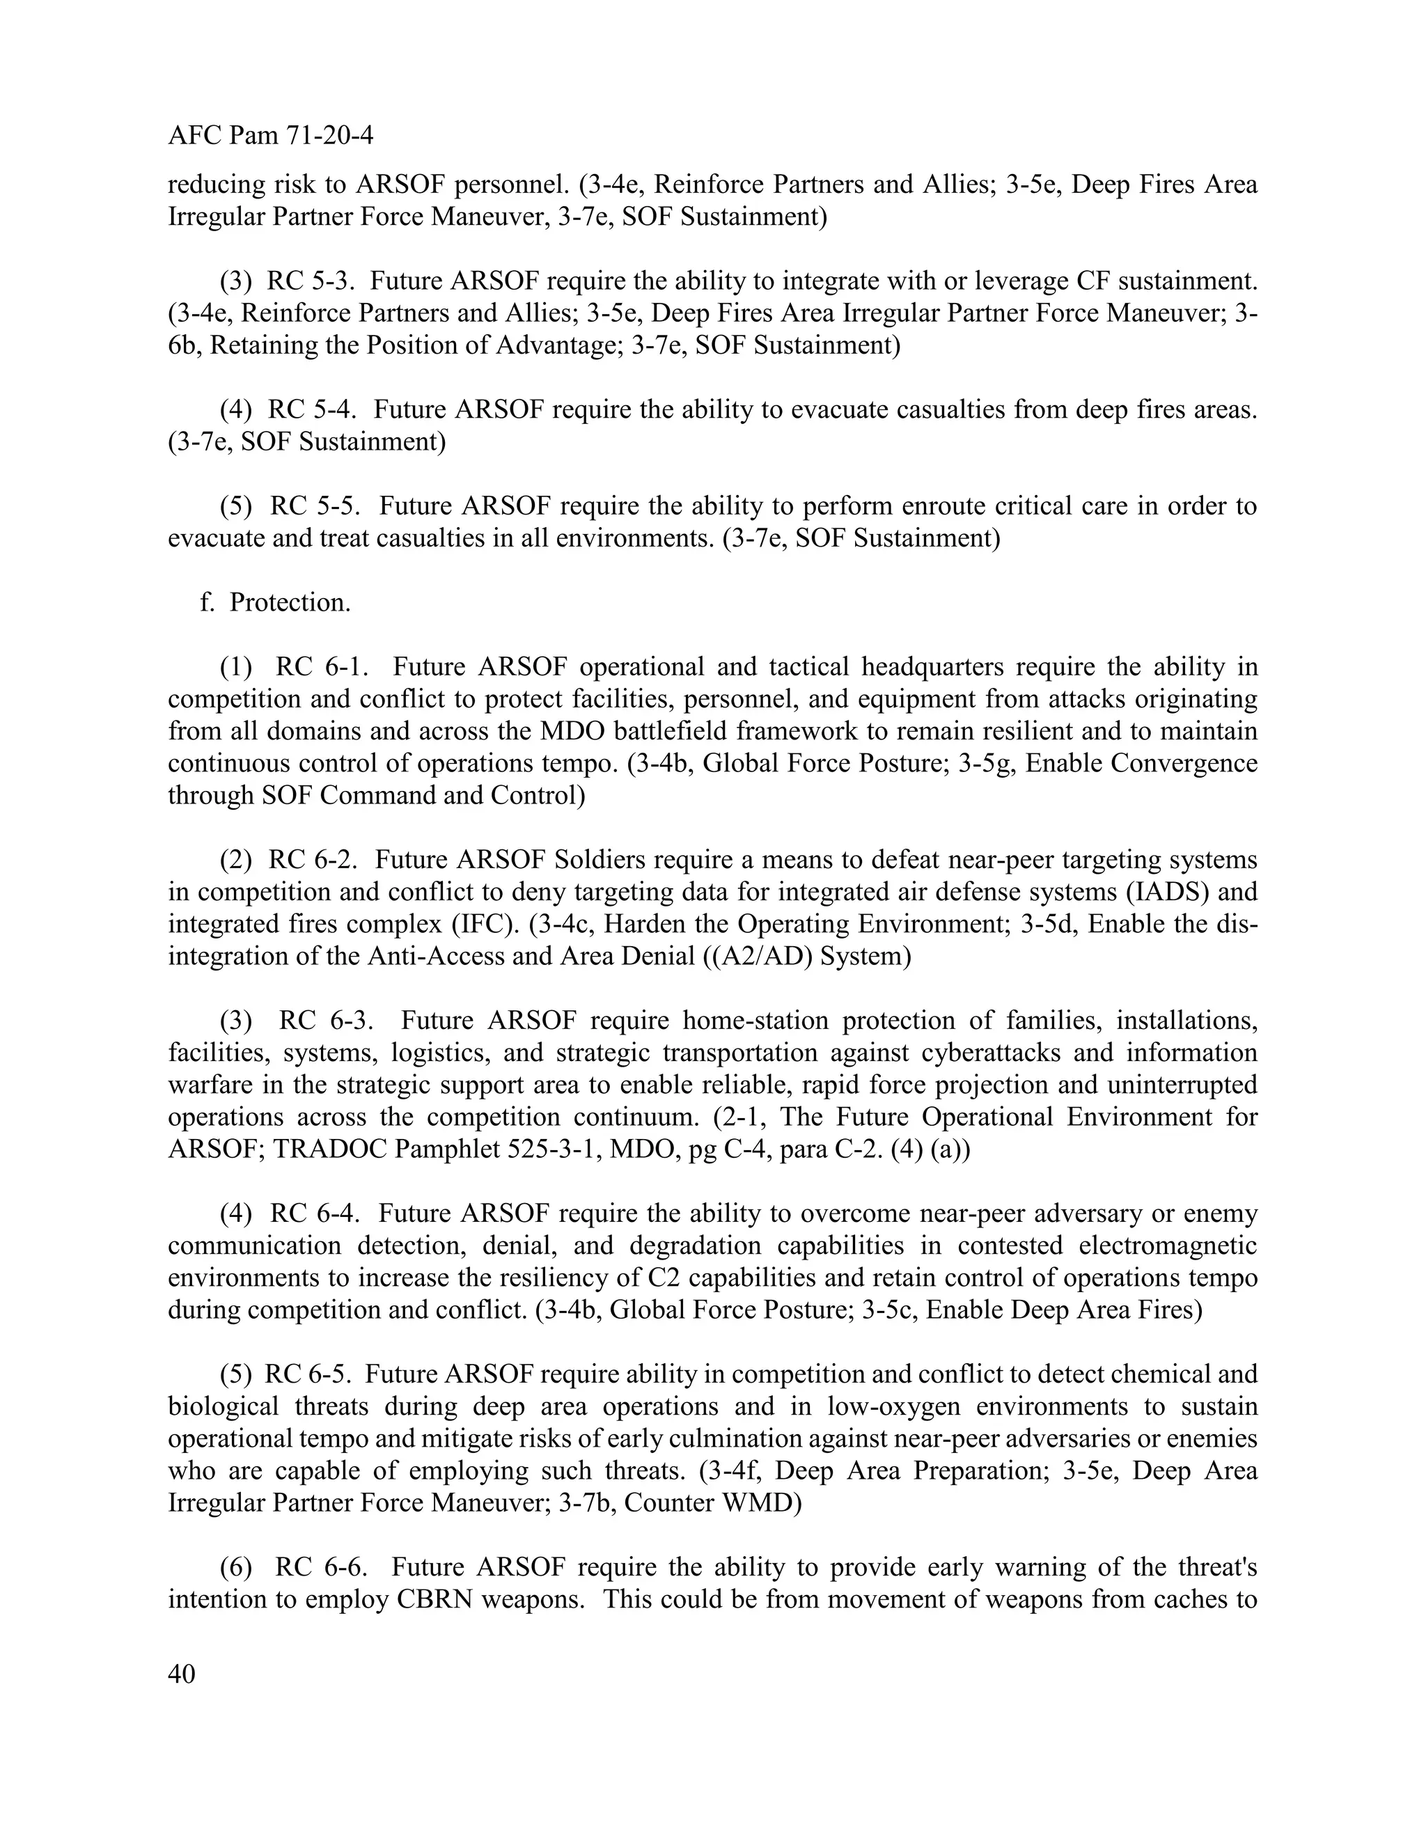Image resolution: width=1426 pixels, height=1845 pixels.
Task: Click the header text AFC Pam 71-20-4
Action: coord(270,135)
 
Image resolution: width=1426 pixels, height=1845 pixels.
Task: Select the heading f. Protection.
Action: coord(276,602)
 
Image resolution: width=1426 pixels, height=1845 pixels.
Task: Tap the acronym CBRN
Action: coord(435,1600)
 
